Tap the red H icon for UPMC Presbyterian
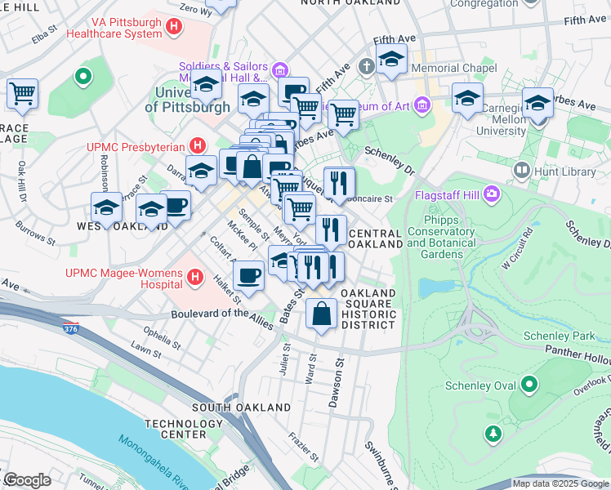196,146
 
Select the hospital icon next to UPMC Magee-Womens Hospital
195,278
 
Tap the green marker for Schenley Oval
529,383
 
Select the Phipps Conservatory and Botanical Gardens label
440,232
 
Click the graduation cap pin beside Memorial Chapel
392,60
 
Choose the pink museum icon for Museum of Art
421,104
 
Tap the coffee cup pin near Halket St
249,276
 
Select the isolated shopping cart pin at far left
22,93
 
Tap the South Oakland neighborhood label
241,407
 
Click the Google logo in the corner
27,480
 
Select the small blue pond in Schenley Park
430,287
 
